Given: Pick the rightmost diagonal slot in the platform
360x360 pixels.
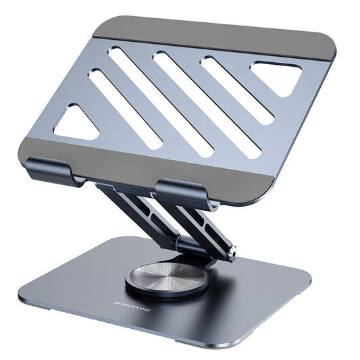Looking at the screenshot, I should [x=238, y=91].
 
